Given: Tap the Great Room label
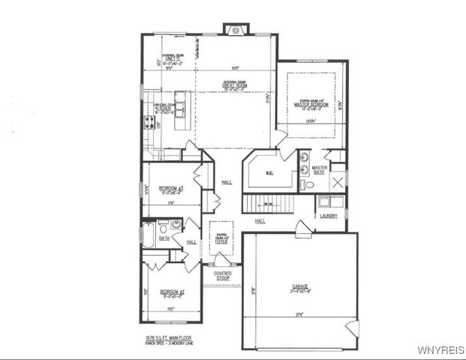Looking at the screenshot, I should (235, 86).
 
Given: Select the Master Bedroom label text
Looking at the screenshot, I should (313, 104).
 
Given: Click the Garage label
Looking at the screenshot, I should (300, 286).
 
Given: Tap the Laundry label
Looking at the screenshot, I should (328, 216).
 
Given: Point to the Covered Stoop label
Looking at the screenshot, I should (222, 276).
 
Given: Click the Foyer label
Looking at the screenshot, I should (221, 240).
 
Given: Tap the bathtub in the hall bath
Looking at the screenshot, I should (148, 238).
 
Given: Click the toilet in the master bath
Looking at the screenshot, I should (306, 184).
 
